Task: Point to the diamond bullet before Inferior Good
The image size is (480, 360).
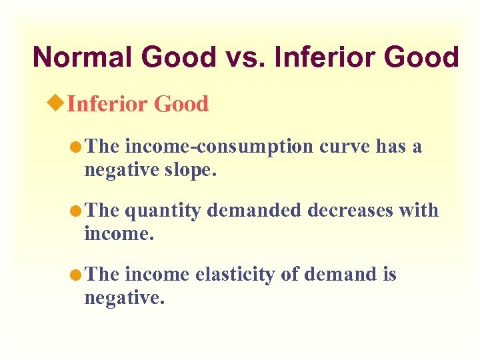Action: pyautogui.click(x=58, y=103)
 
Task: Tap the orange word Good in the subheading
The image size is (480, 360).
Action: pyautogui.click(x=181, y=104)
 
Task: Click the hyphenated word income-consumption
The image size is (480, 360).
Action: pyautogui.click(x=219, y=146)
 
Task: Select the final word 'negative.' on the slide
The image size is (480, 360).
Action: pyautogui.click(x=124, y=297)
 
